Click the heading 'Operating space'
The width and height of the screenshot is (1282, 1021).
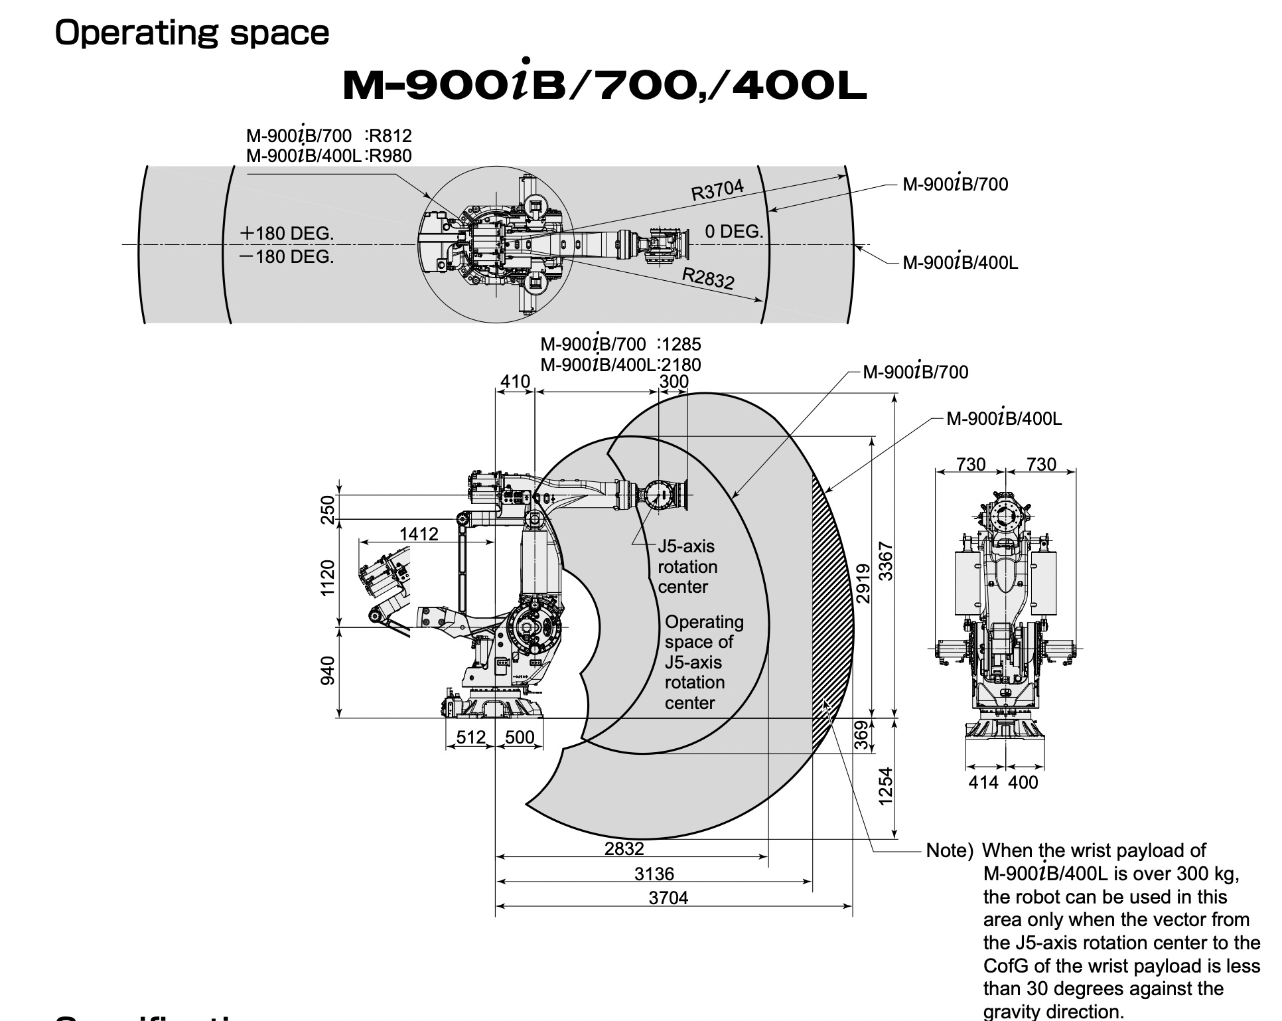[x=192, y=33]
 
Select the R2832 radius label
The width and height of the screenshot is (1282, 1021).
[x=709, y=277]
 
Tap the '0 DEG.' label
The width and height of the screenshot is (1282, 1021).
[x=734, y=232]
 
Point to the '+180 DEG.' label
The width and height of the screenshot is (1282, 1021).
[x=287, y=234]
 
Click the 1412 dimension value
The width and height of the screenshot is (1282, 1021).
[x=419, y=534]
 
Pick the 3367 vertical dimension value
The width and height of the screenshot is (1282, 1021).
[x=886, y=561]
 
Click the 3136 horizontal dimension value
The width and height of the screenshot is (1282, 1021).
[x=654, y=874]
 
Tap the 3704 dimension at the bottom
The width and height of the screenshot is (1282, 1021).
[x=668, y=898]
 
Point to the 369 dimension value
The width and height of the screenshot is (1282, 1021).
[x=861, y=735]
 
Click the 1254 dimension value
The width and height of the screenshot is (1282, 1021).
[x=886, y=787]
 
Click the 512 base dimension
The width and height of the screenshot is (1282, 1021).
[x=471, y=738]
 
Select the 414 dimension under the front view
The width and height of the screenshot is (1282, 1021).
[x=983, y=783]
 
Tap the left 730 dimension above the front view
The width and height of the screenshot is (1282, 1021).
[x=971, y=464]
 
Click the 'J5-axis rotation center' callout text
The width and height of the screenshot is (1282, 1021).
[x=687, y=567]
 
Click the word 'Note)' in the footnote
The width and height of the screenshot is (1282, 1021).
[x=949, y=851]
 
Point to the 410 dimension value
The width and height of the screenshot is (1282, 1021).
[x=515, y=382]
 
